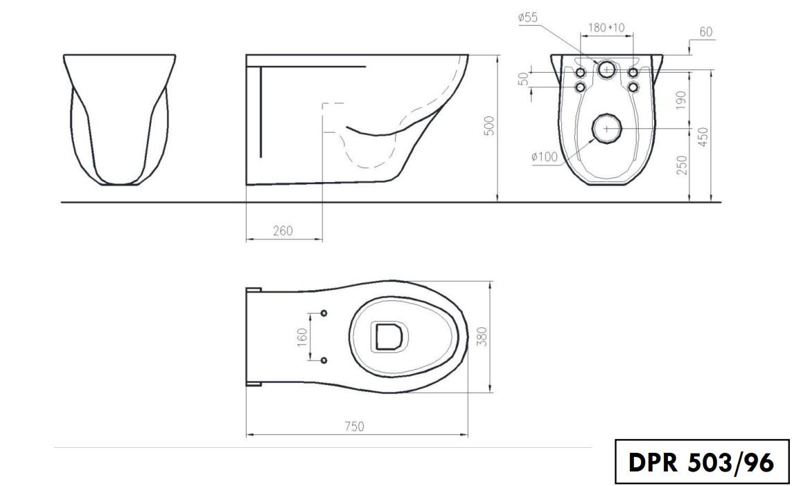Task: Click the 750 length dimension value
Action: pos(354,426)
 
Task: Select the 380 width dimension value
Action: pos(482,336)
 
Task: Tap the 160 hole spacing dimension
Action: pos(302,336)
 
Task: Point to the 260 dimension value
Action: pos(283,231)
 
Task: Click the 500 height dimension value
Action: pos(489,126)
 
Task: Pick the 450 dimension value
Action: pos(703,136)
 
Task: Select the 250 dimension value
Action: pos(682,165)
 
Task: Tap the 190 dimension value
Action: pos(681,100)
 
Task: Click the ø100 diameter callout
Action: pos(545,157)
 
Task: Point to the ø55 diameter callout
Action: pos(528,18)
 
